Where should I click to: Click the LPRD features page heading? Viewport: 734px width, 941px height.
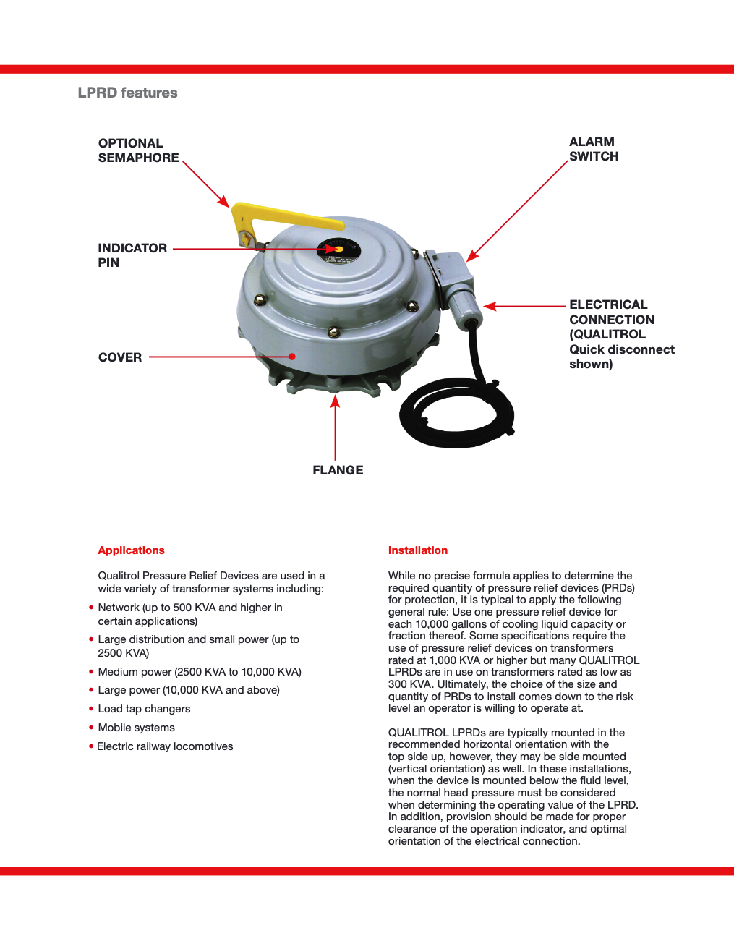coord(127,93)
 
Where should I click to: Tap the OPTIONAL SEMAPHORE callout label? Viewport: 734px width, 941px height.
coord(138,150)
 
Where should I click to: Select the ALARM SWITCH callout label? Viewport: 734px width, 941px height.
coord(593,149)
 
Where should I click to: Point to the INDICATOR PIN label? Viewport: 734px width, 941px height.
coord(132,255)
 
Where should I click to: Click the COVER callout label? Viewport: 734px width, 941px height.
coord(120,357)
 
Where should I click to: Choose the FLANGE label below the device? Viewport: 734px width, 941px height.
coord(338,470)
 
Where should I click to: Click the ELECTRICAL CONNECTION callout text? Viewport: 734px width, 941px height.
coord(620,334)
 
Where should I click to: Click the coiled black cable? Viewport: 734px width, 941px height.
coord(456,416)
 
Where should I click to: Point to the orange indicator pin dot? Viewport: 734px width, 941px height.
coord(338,249)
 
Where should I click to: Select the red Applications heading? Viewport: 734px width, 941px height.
coord(131,550)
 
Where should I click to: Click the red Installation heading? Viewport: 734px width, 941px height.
coord(417,550)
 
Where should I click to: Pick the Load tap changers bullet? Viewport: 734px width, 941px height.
coord(144,709)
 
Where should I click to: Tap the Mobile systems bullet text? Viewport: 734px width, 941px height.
coord(136,728)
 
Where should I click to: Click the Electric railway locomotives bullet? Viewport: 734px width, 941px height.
coord(165,746)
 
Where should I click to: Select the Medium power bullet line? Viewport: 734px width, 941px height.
coord(200,672)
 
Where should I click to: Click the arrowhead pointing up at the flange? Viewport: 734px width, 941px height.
coord(335,401)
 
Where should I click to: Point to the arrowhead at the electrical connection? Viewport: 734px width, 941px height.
coord(490,306)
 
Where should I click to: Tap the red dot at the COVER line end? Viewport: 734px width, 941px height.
coord(291,357)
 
